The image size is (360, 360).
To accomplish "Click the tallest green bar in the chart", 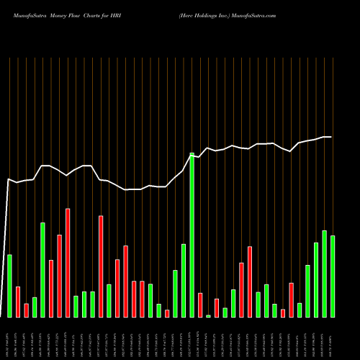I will [192, 235].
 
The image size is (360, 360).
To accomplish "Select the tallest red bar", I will [68, 263].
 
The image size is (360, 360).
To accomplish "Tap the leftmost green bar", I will [9, 286].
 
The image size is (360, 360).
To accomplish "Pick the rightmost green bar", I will [333, 276].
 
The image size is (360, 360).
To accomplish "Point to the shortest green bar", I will [209, 315].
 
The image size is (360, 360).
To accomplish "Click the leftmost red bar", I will [18, 302].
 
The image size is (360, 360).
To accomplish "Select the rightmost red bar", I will [291, 300].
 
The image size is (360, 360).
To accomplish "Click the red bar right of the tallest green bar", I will [200, 305].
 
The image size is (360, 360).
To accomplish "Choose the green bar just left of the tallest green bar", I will [184, 280].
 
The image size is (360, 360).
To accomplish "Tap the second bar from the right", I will [325, 274].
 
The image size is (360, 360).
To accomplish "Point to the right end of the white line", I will [330, 137].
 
